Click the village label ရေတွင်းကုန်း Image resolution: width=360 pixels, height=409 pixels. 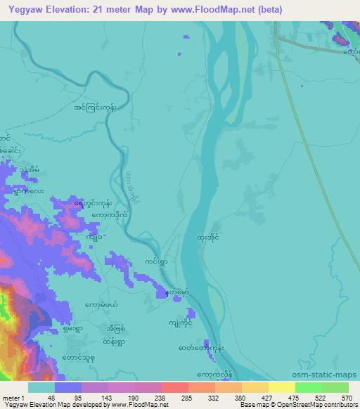(x=92, y=204)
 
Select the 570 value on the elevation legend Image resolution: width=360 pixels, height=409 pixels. (x=346, y=397)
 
